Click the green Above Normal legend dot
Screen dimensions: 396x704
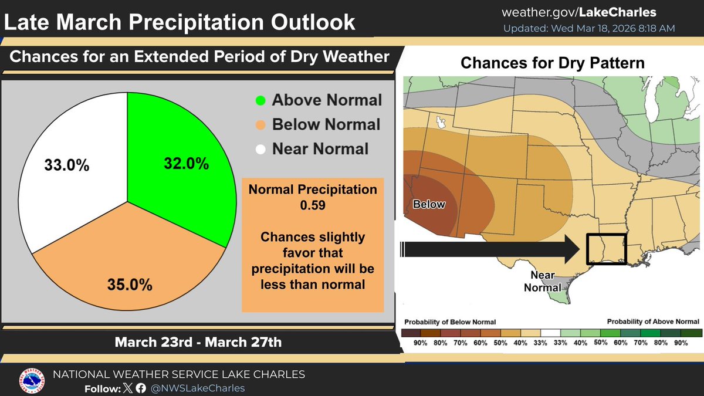260,100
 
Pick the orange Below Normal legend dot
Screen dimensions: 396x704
260,124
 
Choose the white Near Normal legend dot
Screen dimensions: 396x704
260,149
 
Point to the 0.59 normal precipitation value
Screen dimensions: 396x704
312,206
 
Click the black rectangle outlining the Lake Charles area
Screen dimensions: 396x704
607,249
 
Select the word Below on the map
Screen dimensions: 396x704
429,205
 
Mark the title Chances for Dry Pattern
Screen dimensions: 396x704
552,63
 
